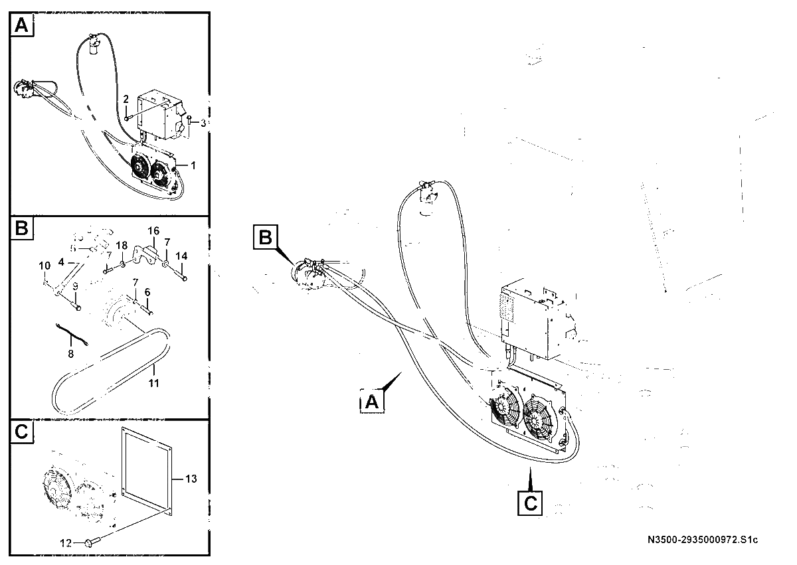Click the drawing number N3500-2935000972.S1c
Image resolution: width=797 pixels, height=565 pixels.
click(703, 540)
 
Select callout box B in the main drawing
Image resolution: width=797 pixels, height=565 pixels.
click(266, 237)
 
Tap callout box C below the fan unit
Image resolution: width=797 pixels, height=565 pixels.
click(530, 503)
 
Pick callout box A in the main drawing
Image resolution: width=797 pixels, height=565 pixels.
click(372, 402)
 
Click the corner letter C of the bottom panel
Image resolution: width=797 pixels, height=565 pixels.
click(22, 432)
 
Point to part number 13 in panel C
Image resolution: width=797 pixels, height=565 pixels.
click(191, 479)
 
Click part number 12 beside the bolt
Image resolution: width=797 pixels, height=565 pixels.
click(66, 543)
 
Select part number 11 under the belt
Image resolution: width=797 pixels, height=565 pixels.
click(153, 383)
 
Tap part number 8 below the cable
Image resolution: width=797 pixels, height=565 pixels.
click(71, 354)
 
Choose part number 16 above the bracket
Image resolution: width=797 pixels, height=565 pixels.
click(153, 231)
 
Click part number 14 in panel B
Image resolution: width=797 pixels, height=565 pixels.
click(181, 256)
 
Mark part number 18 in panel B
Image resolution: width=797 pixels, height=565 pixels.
click(122, 246)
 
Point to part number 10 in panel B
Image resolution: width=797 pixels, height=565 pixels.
click(45, 266)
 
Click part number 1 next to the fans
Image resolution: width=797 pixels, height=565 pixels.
click(193, 165)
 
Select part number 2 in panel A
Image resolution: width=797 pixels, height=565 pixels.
click(126, 99)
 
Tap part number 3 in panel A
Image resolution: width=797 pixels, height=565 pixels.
click(203, 123)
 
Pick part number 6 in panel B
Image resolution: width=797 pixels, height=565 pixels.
click(147, 292)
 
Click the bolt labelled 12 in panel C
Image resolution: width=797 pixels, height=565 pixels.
click(92, 542)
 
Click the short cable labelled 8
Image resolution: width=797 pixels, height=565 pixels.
click(72, 334)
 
